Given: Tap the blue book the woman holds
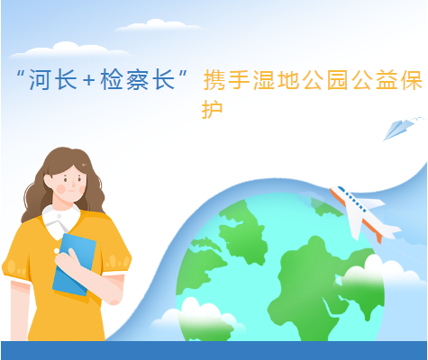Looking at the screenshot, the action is pos(74,264).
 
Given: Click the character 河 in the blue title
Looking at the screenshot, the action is pos(39,79).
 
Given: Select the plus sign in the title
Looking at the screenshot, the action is pos(89,80).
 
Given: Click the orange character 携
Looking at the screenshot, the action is pos(214,80).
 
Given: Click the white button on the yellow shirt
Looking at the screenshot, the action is pos(57,251).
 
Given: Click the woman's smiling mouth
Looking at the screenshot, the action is pos(72,191).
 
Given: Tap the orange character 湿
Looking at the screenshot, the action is pos(264,80).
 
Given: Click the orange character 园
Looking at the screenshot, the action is pos(338,80).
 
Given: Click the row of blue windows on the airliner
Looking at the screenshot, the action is pos(352,201).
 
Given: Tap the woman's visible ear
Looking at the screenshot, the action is pos(48,181).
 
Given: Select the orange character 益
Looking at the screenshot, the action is pos(387,80).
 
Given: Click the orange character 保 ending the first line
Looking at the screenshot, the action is pos(412,80).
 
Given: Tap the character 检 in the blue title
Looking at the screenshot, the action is pos(112,79).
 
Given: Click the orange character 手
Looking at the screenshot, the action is pos(239,80).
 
